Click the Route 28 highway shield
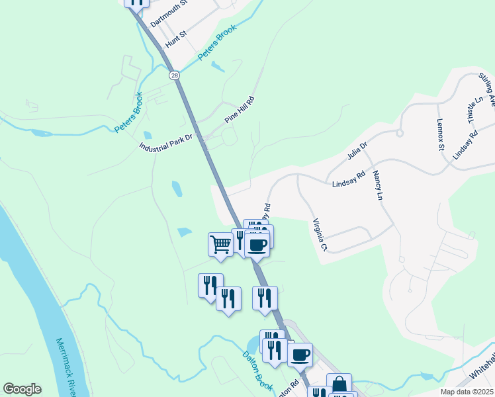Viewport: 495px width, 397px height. coord(173,75)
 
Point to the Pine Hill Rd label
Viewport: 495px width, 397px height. coord(239,109)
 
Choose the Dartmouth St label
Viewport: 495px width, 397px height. coord(169,13)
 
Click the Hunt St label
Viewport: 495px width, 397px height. coord(177,38)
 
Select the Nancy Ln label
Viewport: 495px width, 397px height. coord(378,185)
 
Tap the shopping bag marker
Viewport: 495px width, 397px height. coord(339,384)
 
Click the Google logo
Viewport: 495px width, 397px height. coord(22,389)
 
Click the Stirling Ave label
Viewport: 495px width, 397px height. coord(487,89)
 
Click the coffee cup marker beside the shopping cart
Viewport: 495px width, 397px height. coord(257,243)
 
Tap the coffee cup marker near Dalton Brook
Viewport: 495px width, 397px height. coord(300,354)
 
